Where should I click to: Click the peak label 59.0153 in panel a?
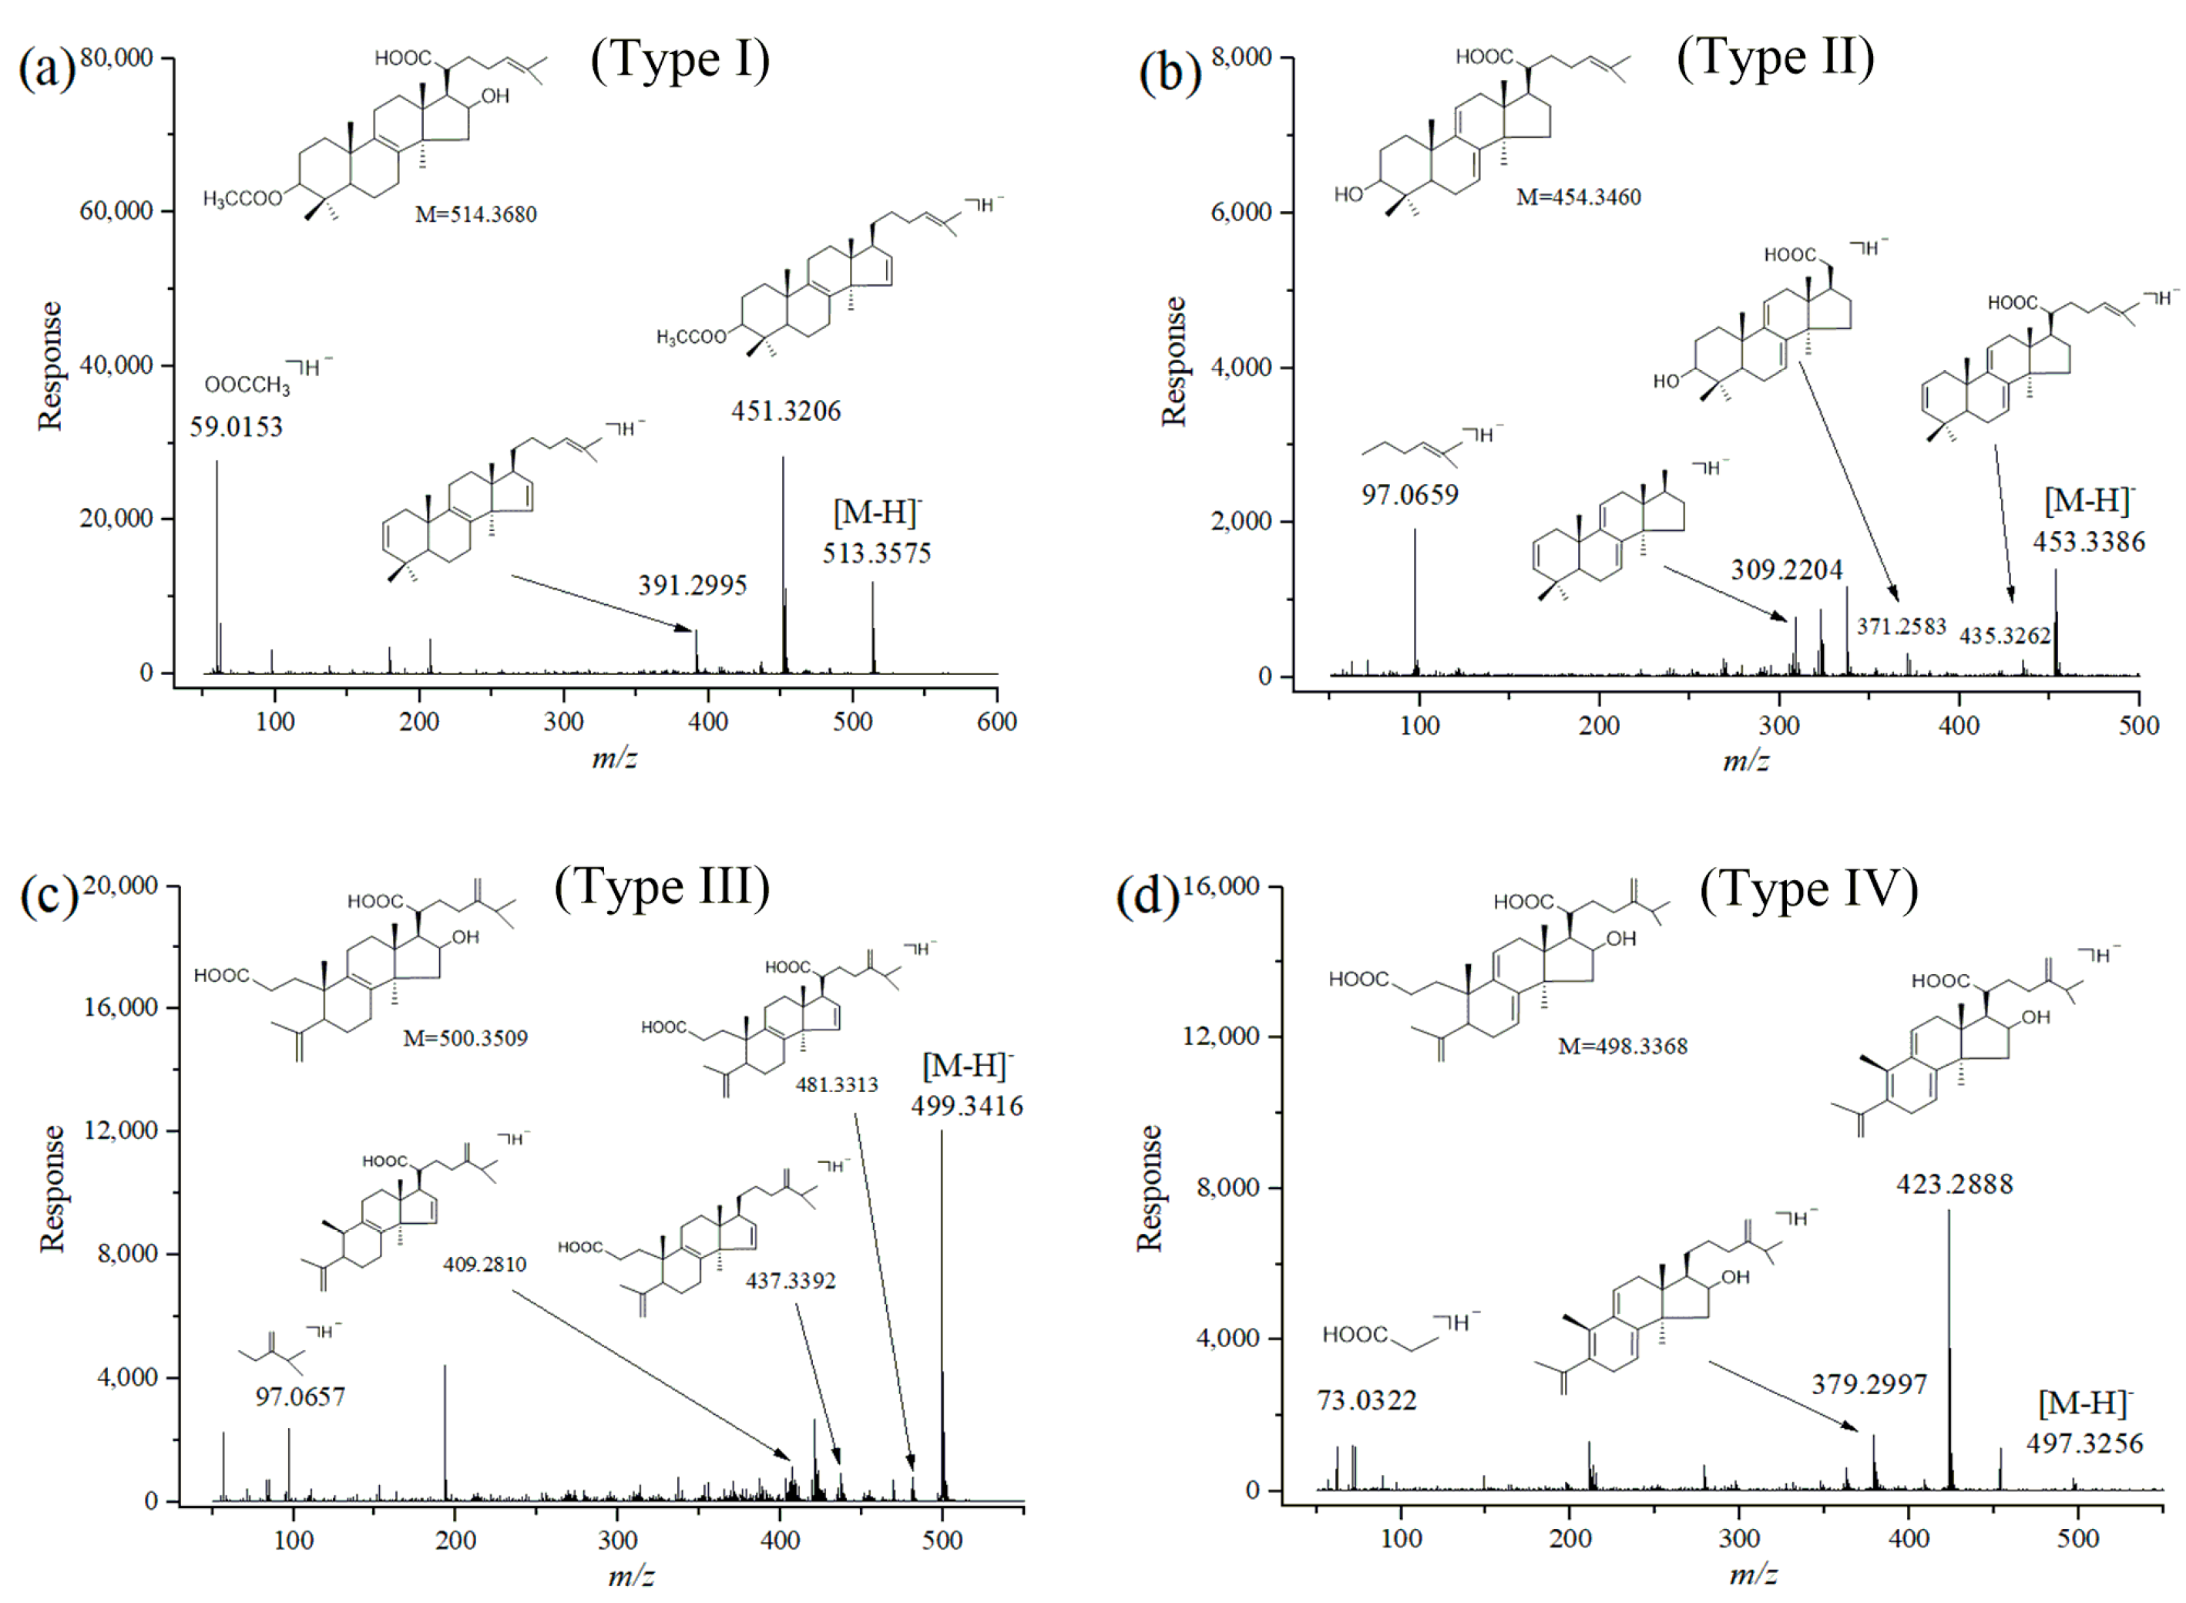click(236, 427)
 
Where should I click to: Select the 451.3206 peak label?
click(786, 412)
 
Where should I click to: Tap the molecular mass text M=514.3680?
click(475, 214)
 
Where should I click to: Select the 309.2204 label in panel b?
click(1786, 570)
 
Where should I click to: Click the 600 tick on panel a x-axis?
click(996, 722)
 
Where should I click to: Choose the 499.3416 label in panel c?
click(966, 1106)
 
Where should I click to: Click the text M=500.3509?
click(465, 1038)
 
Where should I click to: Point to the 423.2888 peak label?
click(1954, 1185)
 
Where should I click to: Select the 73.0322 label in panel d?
click(1366, 1400)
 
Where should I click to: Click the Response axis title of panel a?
click(50, 366)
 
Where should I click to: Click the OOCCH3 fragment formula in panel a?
click(247, 385)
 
